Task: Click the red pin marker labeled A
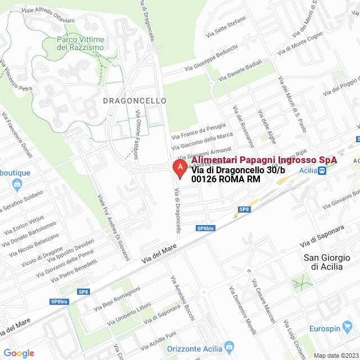pos(179,168)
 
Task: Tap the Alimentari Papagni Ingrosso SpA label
pos(264,160)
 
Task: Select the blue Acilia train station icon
pos(321,171)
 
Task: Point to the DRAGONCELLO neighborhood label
pos(135,101)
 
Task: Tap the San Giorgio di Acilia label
pos(323,262)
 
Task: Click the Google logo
pos(19,353)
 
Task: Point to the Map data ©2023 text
pos(336,355)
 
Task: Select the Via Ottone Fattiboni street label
pos(137,134)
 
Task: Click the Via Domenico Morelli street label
pos(242,309)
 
